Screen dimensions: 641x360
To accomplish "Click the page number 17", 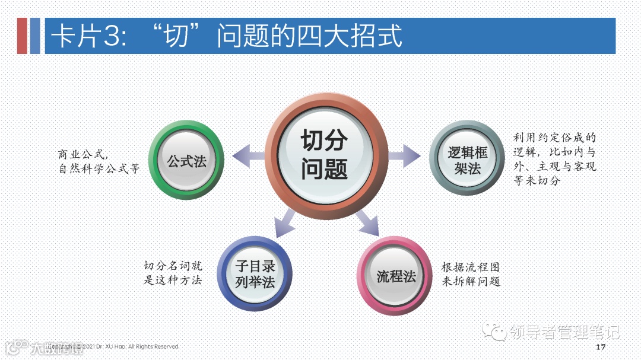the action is [600, 346].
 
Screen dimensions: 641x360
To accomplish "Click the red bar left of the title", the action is [22, 36].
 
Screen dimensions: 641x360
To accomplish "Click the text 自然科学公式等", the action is [99, 169].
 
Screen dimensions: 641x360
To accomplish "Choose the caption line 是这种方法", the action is [173, 280].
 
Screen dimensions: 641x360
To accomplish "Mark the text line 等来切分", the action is [537, 181].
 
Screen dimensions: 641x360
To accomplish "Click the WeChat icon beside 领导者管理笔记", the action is [494, 332].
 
